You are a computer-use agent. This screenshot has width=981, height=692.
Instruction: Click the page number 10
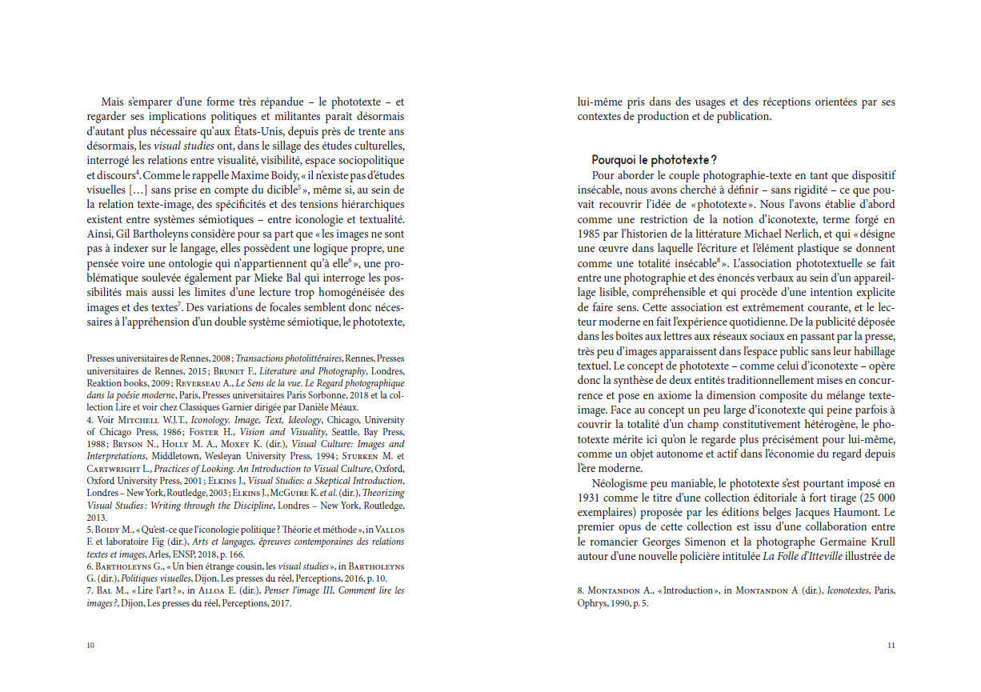coord(90,646)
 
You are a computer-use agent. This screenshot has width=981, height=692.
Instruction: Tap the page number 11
coord(891,646)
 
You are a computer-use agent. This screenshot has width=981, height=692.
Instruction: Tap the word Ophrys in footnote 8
coord(594,604)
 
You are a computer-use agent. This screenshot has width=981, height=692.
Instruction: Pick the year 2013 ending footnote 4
coord(97,518)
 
